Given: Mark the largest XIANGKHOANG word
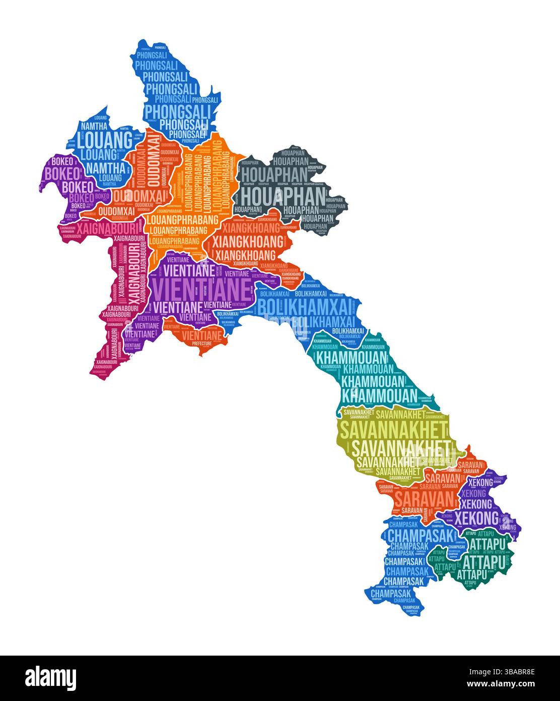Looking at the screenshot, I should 247,242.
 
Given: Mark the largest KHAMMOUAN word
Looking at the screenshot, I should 379,395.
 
